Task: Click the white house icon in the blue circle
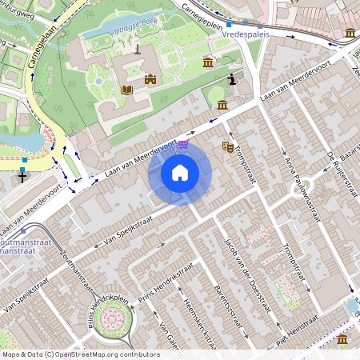pyautogui.click(x=180, y=173)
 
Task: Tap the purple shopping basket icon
pyautogui.click(x=184, y=145)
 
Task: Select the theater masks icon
pyautogui.click(x=227, y=147)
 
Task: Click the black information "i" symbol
pyautogui.click(x=233, y=78)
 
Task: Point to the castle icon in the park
pyautogui.click(x=150, y=78)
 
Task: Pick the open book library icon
pyautogui.click(x=126, y=90)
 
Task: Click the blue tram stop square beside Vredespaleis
pyautogui.click(x=229, y=25)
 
